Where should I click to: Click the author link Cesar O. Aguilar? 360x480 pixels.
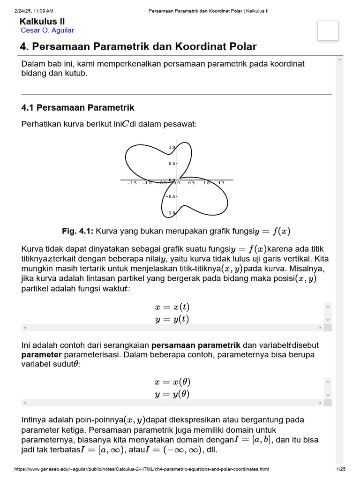pos(47,30)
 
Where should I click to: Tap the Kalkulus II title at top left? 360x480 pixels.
pos(42,22)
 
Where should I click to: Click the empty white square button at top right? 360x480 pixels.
pos(328,30)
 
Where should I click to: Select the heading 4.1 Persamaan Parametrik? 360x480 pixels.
pos(78,108)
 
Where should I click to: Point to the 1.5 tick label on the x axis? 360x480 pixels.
pos(221,183)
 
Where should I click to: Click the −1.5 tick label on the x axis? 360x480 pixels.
pos(132,183)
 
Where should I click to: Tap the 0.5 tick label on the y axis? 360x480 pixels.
pos(172,164)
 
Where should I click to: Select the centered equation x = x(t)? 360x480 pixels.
pos(172,307)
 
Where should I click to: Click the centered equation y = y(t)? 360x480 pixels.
pos(172,319)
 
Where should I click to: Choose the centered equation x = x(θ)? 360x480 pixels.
pos(172,382)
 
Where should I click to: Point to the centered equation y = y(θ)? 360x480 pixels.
pos(172,394)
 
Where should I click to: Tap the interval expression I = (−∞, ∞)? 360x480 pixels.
pos(174,450)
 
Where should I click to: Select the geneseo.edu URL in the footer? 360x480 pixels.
pos(141,469)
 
